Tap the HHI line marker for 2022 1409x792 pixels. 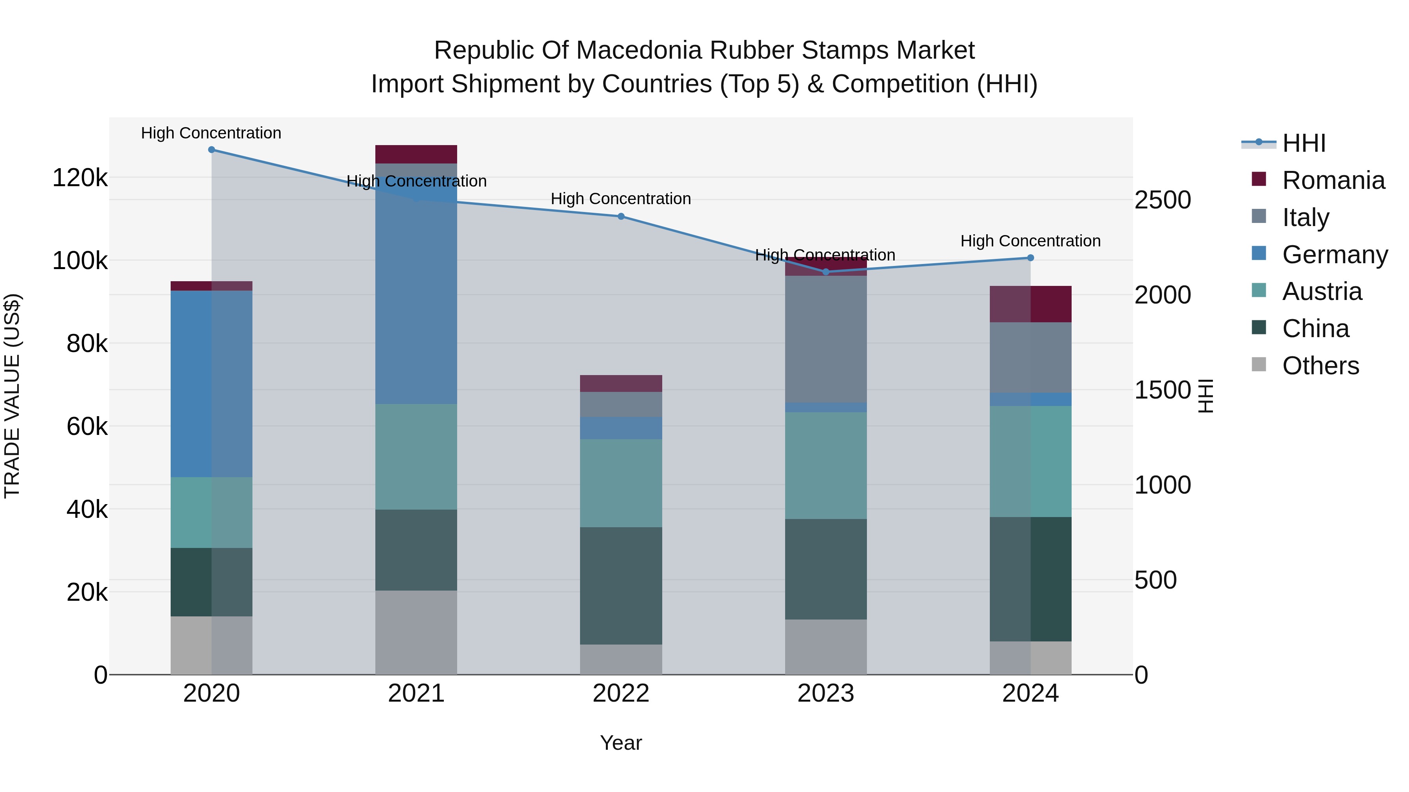click(621, 216)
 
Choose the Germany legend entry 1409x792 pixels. click(1334, 255)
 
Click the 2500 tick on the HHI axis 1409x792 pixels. click(1162, 200)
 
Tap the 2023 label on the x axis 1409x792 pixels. click(825, 693)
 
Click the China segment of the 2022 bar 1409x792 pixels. click(621, 585)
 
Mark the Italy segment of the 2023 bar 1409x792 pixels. click(825, 339)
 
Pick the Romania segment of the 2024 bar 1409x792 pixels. click(1031, 304)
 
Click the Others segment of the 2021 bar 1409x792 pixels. click(416, 632)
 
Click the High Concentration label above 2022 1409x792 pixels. click(621, 199)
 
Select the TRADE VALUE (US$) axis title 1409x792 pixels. click(13, 396)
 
